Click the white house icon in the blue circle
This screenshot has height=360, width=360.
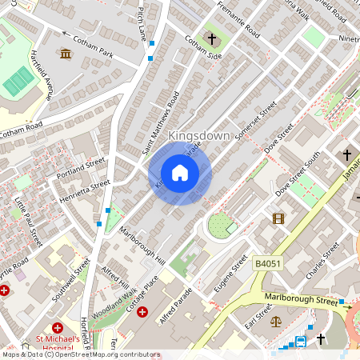(180, 173)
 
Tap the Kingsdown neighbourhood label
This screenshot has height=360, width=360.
(200, 136)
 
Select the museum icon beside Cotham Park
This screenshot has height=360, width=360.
(66, 54)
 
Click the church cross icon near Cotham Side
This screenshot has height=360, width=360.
(213, 38)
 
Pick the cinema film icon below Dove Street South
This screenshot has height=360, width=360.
(278, 218)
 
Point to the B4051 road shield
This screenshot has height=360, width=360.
(269, 262)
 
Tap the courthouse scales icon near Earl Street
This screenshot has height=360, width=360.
(277, 322)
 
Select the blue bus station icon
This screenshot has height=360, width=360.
(301, 342)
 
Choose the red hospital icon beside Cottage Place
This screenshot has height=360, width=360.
(142, 312)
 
